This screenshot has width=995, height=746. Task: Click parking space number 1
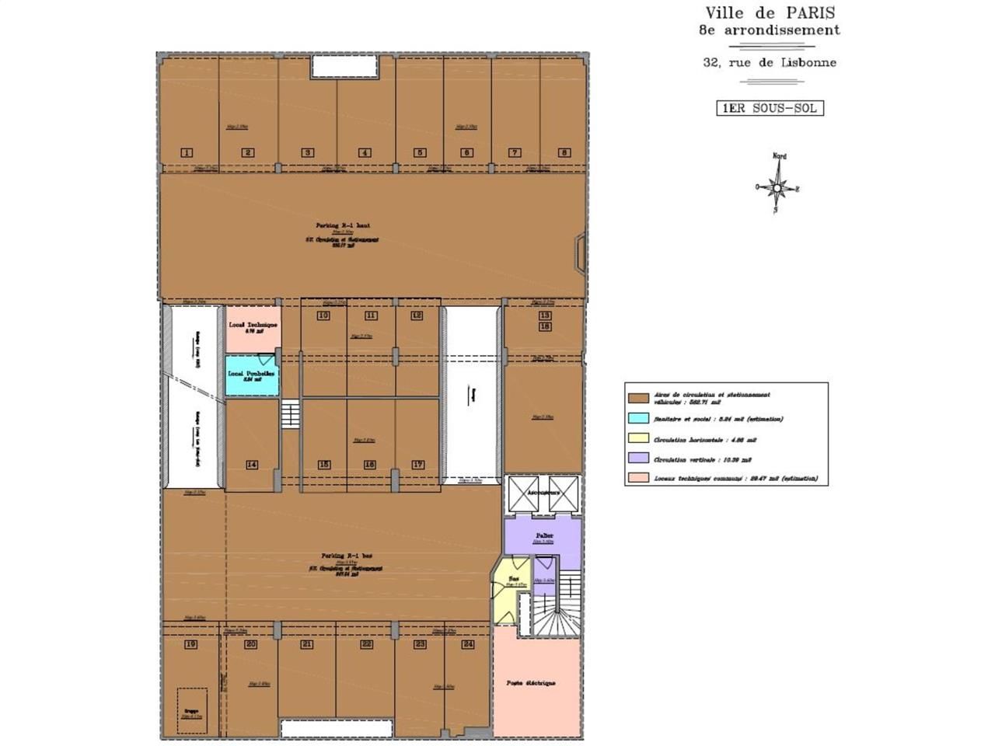pyautogui.click(x=187, y=152)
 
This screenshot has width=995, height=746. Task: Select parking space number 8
pyautogui.click(x=564, y=152)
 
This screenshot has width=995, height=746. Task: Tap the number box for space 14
pyautogui.click(x=252, y=465)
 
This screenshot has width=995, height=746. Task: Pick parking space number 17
pyautogui.click(x=418, y=465)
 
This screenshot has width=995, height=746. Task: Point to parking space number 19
pyautogui.click(x=190, y=644)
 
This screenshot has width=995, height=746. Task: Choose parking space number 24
pyautogui.click(x=468, y=644)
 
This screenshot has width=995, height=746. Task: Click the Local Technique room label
pyautogui.click(x=252, y=325)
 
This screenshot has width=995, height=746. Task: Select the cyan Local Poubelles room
pyautogui.click(x=252, y=375)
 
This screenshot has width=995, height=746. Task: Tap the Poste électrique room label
pyautogui.click(x=531, y=683)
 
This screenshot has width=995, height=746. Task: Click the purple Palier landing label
pyautogui.click(x=544, y=537)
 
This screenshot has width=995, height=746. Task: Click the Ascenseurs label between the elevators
pyautogui.click(x=543, y=493)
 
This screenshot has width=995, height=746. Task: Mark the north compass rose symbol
pyautogui.click(x=777, y=186)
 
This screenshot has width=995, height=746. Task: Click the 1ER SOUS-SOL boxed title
pyautogui.click(x=770, y=108)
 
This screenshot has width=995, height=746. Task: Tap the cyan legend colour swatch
pyautogui.click(x=639, y=418)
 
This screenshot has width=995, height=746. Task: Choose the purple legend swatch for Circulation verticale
pyautogui.click(x=639, y=458)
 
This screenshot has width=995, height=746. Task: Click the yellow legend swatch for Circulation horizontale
pyautogui.click(x=639, y=438)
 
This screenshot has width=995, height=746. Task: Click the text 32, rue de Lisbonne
pyautogui.click(x=770, y=62)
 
